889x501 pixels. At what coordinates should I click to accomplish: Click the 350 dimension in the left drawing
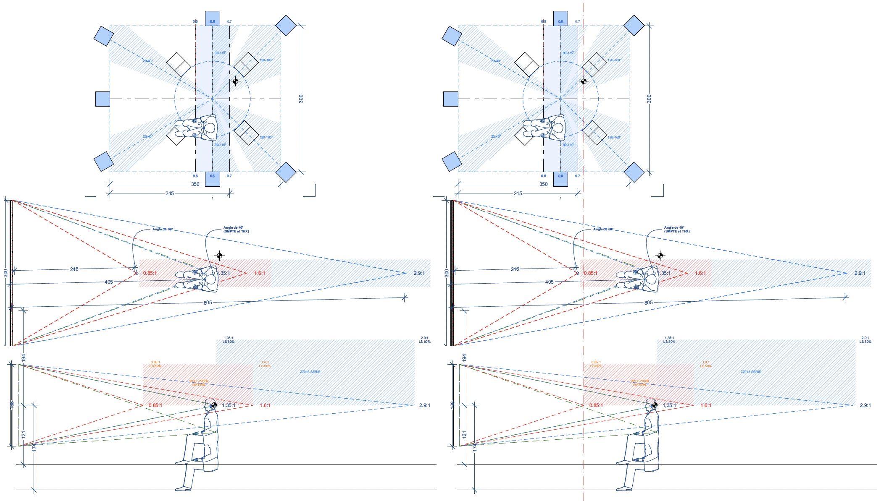(x=195, y=184)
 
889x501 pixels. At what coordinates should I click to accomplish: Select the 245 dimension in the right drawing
(x=518, y=193)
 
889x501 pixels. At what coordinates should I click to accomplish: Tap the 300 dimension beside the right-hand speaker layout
(x=649, y=99)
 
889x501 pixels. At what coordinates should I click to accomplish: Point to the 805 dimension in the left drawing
(x=208, y=303)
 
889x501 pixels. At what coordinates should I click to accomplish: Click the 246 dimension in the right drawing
(x=515, y=269)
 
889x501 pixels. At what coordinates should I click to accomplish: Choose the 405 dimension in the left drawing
(x=108, y=282)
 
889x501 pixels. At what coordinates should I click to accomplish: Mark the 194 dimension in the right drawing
(x=464, y=357)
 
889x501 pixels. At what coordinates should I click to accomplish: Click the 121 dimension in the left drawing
(x=24, y=434)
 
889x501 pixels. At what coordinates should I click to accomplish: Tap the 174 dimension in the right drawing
(x=475, y=448)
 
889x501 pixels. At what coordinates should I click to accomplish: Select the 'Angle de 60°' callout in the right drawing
(x=603, y=229)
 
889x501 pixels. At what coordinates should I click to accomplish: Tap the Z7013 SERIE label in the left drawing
(x=310, y=372)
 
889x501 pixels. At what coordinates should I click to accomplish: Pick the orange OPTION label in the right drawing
(x=639, y=385)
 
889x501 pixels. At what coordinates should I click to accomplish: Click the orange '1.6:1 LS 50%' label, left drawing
(x=265, y=364)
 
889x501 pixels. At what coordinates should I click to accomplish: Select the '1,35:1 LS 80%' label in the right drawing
(x=669, y=340)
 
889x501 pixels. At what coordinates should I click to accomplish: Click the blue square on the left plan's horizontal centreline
(x=103, y=99)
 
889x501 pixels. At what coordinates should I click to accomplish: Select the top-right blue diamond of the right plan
(x=634, y=25)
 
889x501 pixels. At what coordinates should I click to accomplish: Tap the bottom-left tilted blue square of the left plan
(x=103, y=162)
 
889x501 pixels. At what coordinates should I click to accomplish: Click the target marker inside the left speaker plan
(x=236, y=81)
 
